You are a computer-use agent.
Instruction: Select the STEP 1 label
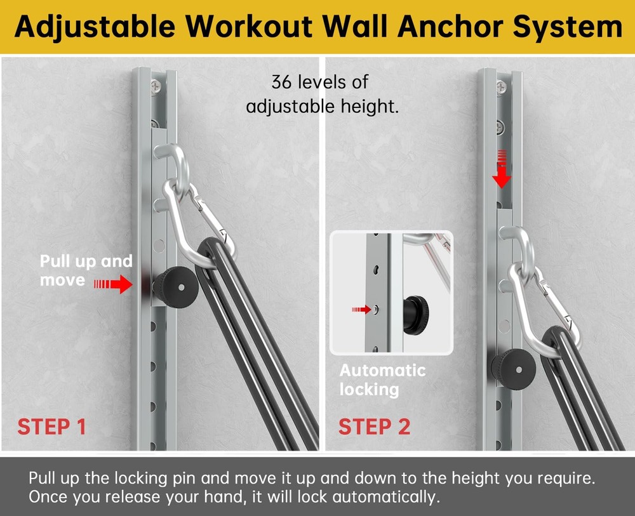[51, 427]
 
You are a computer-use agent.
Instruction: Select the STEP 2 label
[374, 427]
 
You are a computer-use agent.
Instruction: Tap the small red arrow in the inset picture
[362, 309]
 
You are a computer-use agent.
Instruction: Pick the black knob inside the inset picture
[415, 311]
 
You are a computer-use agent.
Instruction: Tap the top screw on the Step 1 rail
[156, 84]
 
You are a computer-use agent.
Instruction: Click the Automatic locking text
[382, 380]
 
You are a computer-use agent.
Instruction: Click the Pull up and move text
[86, 270]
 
